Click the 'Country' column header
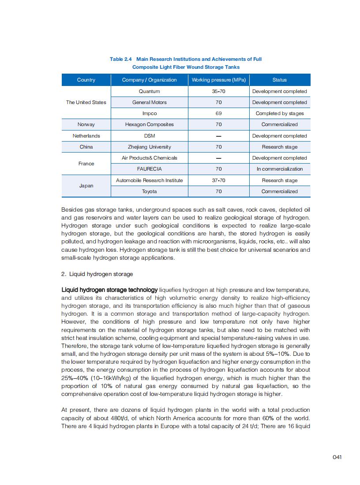pos(86,80)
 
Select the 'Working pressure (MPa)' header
pos(218,80)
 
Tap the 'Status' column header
pos(279,80)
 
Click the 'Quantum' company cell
pos(149,91)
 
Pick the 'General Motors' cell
pos(149,102)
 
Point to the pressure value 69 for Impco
pos(218,113)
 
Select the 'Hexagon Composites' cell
pos(149,124)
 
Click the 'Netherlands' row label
pos(86,136)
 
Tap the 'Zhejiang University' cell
pos(149,147)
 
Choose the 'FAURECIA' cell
pos(149,169)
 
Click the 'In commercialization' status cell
pos(279,169)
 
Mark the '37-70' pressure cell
pos(218,180)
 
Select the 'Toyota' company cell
pos(149,191)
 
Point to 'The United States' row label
pos(86,102)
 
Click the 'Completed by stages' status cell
pos(279,113)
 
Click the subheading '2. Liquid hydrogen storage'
pos(97,274)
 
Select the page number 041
pos(337,457)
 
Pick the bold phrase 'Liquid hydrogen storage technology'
pos(109,290)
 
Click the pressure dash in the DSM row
pos(218,136)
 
